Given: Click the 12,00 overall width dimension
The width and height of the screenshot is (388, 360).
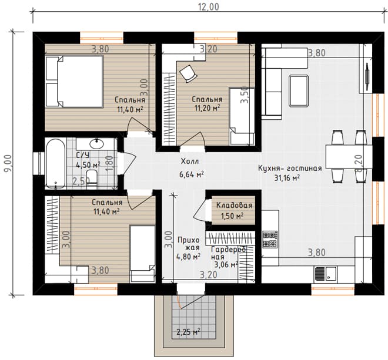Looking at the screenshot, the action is click(x=209, y=6).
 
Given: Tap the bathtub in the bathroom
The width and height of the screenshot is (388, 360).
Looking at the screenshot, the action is click(x=56, y=163).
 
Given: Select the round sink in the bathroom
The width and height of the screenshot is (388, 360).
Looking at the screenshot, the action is click(x=96, y=143).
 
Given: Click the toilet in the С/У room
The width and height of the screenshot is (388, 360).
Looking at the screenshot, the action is click(x=92, y=176).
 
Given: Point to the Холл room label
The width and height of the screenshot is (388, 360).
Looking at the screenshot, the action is click(x=190, y=162).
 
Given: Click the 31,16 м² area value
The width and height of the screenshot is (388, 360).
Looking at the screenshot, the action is click(x=287, y=178).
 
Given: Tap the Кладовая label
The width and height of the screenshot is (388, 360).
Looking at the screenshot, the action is click(x=234, y=205).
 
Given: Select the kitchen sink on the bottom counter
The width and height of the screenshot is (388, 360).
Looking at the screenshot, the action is click(x=326, y=274).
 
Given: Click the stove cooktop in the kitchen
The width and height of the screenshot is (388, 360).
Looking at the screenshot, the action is click(x=270, y=240).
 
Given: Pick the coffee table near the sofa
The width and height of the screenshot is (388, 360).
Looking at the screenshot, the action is click(x=299, y=91).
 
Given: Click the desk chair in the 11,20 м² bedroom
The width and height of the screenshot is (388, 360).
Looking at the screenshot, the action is click(x=188, y=73).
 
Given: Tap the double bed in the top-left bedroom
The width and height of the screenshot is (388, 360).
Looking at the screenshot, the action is click(x=74, y=82).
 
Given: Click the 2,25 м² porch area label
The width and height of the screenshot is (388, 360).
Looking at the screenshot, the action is click(x=188, y=332).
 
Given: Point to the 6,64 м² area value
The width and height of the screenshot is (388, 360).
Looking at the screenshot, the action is click(x=192, y=174).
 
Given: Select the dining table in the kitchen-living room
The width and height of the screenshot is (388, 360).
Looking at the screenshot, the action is click(x=349, y=157).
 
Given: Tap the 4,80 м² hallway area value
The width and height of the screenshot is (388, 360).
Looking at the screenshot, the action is click(x=188, y=257).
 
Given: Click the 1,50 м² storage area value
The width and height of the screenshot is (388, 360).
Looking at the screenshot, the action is click(x=232, y=216).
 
